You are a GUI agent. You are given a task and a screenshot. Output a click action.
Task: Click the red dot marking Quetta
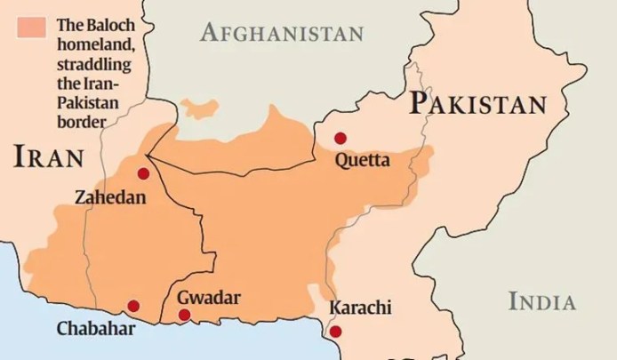tap(340, 138)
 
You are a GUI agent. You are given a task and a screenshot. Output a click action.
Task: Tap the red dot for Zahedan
tap(143, 173)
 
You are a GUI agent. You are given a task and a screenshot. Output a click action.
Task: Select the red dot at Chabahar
tap(133, 306)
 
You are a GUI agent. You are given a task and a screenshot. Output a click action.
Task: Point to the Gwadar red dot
tap(184, 315)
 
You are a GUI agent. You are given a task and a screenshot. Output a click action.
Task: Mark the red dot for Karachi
tap(335, 332)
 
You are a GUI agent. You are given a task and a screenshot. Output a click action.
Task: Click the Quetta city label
tap(362, 161)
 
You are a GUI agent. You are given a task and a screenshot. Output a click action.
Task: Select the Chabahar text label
tap(96, 329)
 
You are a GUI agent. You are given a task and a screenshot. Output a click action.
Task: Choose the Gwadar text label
tap(209, 297)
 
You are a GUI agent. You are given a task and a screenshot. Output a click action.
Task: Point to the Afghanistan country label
tap(282, 34)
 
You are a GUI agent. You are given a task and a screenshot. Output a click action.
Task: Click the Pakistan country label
tap(478, 104)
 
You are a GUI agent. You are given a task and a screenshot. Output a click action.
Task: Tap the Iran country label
tap(49, 158)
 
